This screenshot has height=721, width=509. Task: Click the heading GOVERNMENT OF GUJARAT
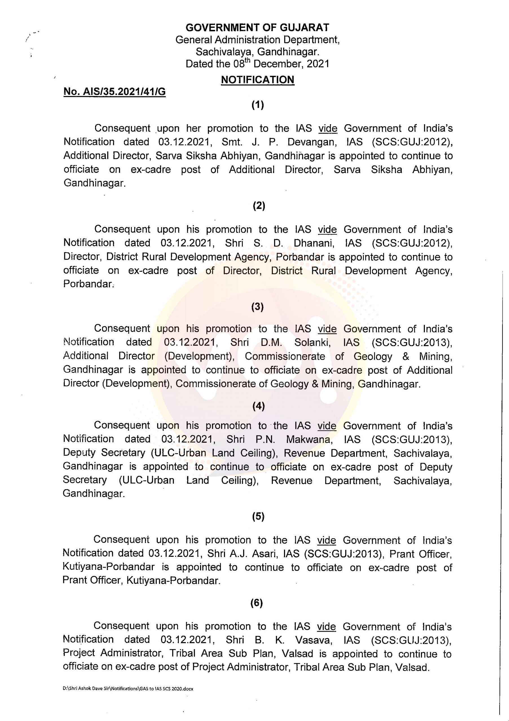coord(257,28)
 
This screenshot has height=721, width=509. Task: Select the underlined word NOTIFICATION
coord(257,80)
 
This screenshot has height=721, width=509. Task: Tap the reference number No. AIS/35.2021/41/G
coord(114,92)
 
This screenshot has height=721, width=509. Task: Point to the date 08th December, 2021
coord(281,64)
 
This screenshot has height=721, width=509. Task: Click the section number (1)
coord(257,104)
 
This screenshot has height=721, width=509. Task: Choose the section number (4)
coord(258,406)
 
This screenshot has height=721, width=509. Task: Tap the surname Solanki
coord(312,342)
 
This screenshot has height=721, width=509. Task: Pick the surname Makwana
coord(309,439)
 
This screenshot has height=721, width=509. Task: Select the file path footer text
coord(128,689)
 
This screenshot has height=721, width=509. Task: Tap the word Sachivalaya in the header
coord(224,52)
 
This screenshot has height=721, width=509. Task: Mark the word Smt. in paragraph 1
coord(232,142)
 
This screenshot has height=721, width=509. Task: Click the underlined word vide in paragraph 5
coord(326,540)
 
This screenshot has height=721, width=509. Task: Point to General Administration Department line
coord(257,40)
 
